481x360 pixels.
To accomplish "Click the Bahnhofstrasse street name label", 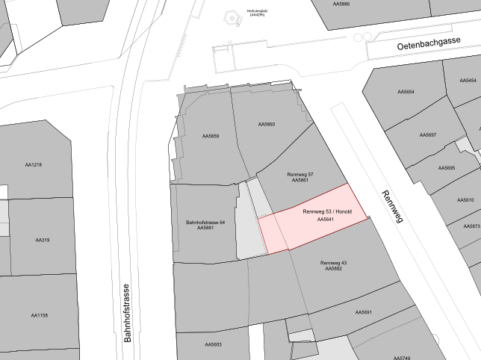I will pos(127,312).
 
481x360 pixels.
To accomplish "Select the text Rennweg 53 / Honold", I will pos(327,212).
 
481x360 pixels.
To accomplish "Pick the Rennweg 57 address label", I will pos(300,174).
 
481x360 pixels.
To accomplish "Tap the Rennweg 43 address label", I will pos(333,263).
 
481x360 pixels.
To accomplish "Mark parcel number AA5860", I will pos(267,124).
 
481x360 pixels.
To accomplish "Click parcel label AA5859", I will pos(211,137).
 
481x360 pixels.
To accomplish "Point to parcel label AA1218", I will pos(33,165).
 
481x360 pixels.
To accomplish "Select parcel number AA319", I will pos(42,240).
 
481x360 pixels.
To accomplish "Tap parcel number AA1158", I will pos(40,315).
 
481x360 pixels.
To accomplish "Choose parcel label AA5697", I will pos(427,135).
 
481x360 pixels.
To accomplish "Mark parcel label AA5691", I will pos(364,312).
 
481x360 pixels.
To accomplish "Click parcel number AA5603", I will pos(213,344).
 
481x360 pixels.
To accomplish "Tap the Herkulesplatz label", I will pos(257,12).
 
